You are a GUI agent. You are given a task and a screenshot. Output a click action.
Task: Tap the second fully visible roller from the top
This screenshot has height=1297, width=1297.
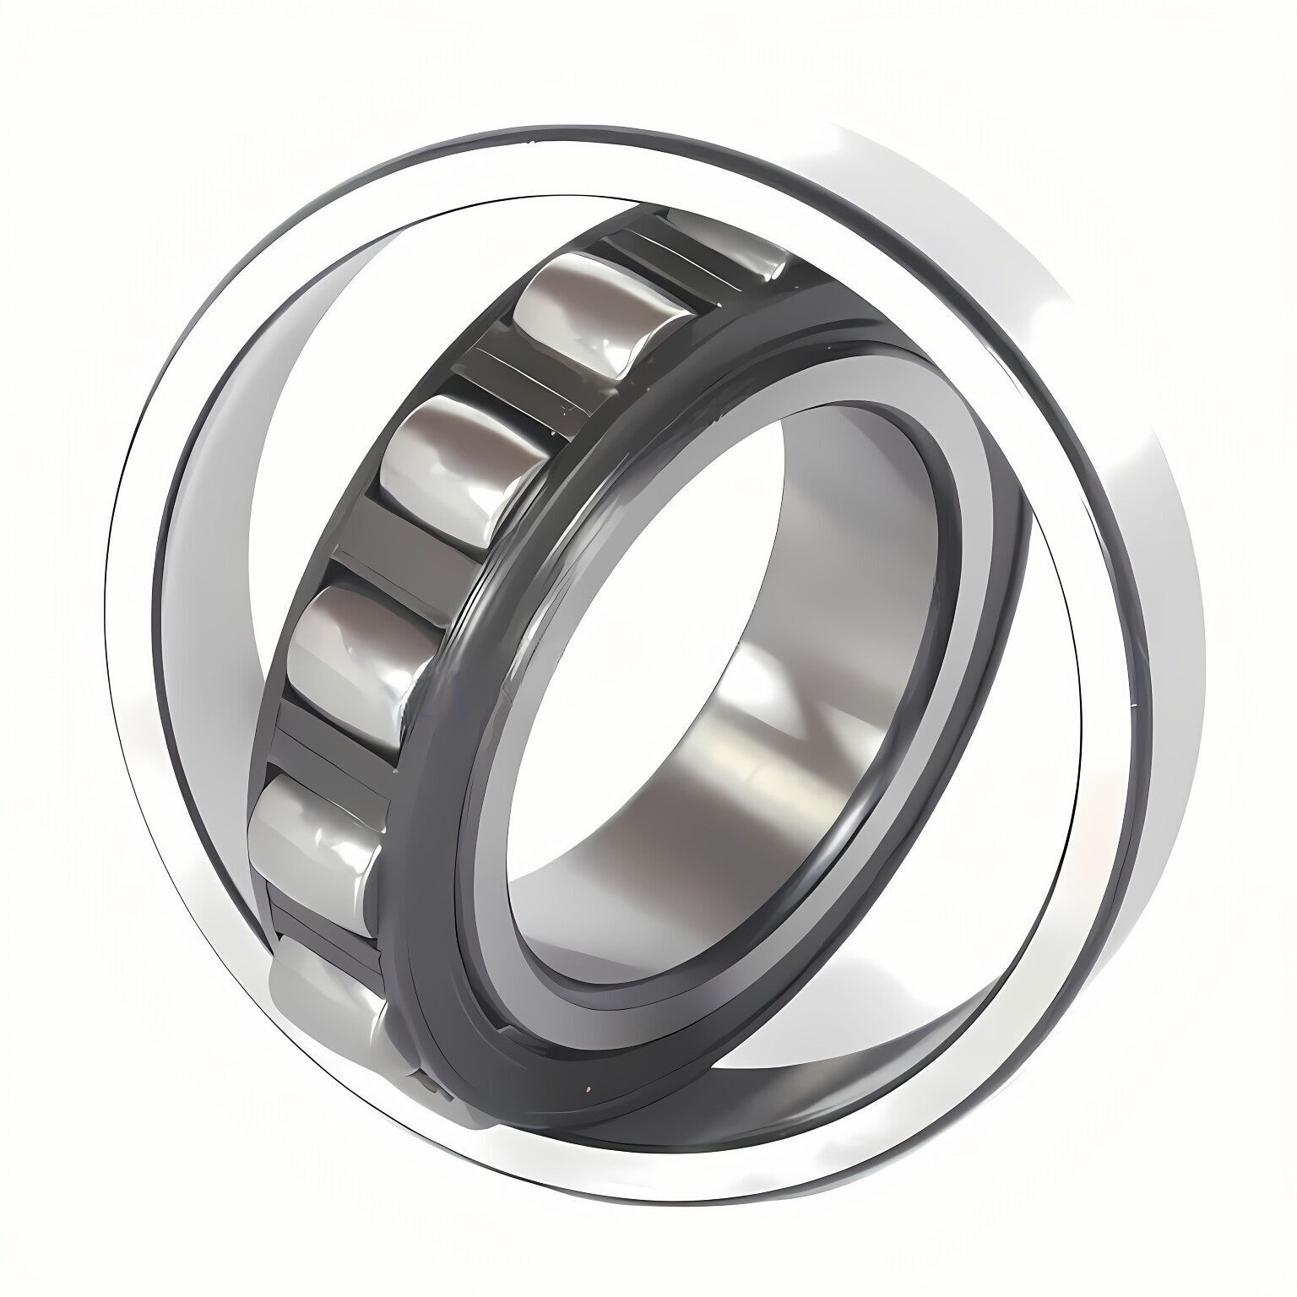[460, 469]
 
